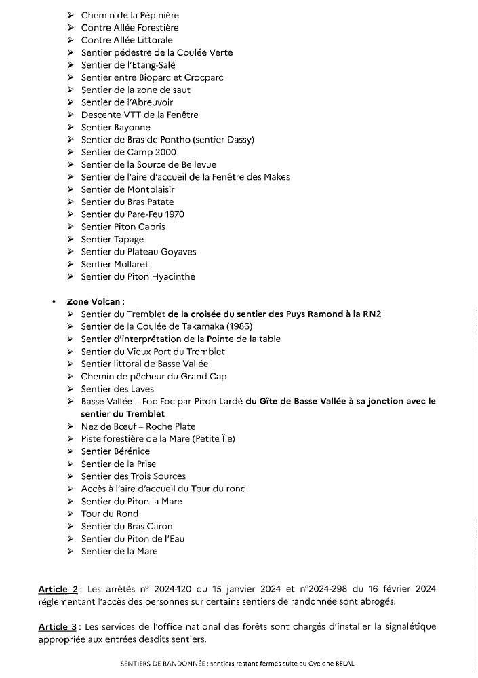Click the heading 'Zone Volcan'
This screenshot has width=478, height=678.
coord(95,301)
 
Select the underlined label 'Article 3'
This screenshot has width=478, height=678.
coord(59,626)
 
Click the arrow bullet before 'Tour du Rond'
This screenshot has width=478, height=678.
coord(71,514)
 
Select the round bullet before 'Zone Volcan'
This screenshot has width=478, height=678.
coord(54,301)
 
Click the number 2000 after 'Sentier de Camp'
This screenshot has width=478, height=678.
coord(165,152)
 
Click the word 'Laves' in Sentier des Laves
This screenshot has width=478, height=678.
coord(142,389)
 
